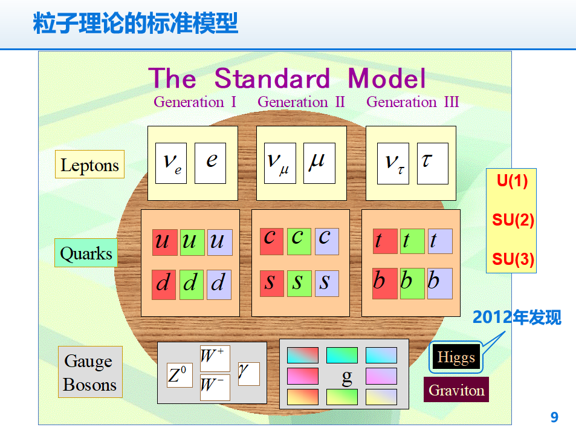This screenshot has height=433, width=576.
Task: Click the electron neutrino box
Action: coord(171,163)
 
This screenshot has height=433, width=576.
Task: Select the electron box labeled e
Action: coord(210,163)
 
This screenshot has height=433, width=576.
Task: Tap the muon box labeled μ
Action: coord(319,163)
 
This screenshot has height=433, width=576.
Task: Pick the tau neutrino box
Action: coord(393,163)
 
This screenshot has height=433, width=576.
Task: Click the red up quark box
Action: coord(165,243)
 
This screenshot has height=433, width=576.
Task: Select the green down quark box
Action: coord(192,284)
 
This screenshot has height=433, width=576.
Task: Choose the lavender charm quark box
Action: coord(327,241)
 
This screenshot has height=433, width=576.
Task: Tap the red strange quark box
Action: coord(272,284)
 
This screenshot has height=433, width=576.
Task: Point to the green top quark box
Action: coord(412,241)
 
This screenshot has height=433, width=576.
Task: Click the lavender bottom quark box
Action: coord(440,284)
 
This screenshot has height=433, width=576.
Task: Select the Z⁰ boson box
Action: coord(180,375)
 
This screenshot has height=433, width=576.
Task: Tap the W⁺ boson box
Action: coord(215,359)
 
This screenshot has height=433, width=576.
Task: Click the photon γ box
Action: coord(248,374)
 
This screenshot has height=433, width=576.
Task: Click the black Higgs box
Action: coord(456,357)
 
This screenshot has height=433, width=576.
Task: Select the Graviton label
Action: coord(456,389)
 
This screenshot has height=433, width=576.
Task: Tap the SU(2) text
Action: coord(513,220)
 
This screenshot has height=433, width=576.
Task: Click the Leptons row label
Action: coord(89,164)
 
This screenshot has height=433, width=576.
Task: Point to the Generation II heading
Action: coord(301,102)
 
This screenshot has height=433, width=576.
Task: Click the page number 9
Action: coord(554,417)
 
